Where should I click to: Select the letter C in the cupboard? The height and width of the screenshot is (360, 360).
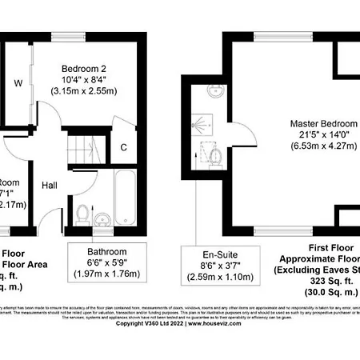click(124, 146)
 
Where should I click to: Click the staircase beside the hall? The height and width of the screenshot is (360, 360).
click(80, 149)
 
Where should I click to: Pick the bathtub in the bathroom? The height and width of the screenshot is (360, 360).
click(126, 196)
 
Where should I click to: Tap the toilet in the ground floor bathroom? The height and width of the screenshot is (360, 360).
click(82, 214)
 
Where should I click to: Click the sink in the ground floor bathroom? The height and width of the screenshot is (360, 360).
click(102, 218)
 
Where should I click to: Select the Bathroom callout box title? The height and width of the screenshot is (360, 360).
click(107, 251)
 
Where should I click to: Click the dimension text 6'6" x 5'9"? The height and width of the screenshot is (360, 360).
click(107, 263)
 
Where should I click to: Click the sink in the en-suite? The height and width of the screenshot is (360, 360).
click(215, 90)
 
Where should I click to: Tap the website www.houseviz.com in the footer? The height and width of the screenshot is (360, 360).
click(222, 323)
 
